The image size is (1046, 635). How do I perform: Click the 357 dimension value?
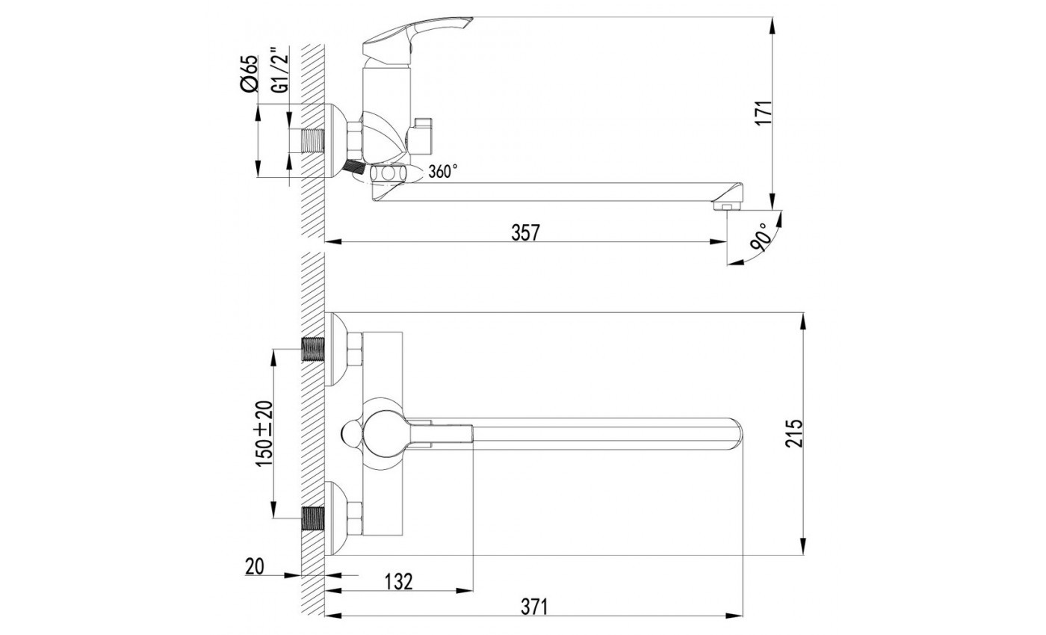(525, 232)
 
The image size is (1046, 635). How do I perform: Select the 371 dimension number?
(533, 607)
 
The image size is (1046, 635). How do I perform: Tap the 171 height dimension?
(764, 113)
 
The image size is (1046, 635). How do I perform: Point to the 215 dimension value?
(793, 433)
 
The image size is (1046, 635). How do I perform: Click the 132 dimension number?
(398, 582)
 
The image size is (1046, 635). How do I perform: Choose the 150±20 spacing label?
(264, 433)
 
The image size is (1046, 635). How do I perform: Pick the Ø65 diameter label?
(248, 73)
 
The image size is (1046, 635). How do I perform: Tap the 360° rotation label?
(442, 171)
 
